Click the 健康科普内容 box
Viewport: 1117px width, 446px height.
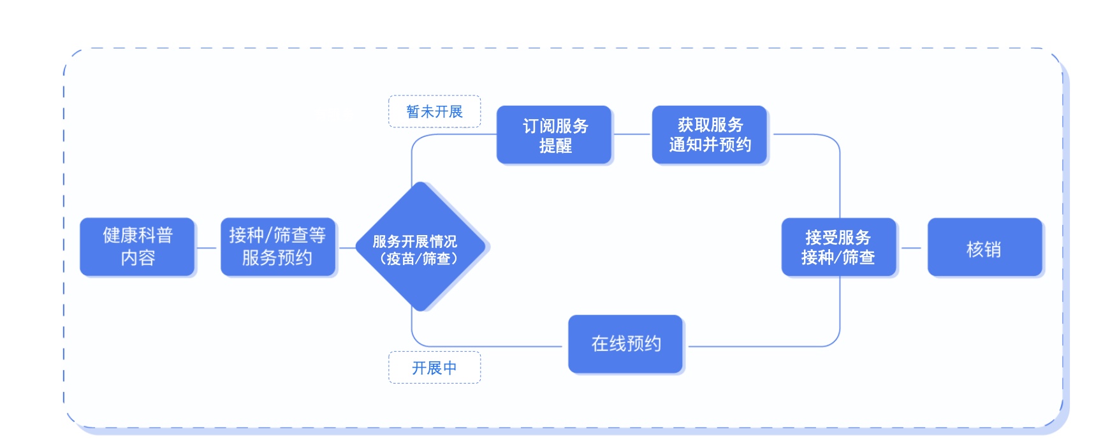[137, 247]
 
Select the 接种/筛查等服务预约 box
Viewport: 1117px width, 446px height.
[278, 247]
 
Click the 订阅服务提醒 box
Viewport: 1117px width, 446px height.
[554, 134]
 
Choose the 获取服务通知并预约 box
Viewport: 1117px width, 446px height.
[710, 134]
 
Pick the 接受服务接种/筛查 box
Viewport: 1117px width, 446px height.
[839, 247]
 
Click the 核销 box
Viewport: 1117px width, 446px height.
[985, 247]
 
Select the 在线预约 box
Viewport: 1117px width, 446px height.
[625, 344]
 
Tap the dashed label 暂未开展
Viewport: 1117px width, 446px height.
[435, 111]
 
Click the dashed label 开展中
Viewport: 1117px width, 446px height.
[435, 368]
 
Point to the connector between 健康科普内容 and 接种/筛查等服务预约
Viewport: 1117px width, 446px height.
[207, 248]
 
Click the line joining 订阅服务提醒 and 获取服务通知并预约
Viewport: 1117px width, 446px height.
[632, 134]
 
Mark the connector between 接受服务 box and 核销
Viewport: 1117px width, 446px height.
[912, 248]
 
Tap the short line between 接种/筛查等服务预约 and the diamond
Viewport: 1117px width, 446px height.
[346, 248]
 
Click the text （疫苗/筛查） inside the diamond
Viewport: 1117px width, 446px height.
[419, 258]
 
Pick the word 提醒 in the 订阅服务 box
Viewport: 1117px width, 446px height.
[555, 146]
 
